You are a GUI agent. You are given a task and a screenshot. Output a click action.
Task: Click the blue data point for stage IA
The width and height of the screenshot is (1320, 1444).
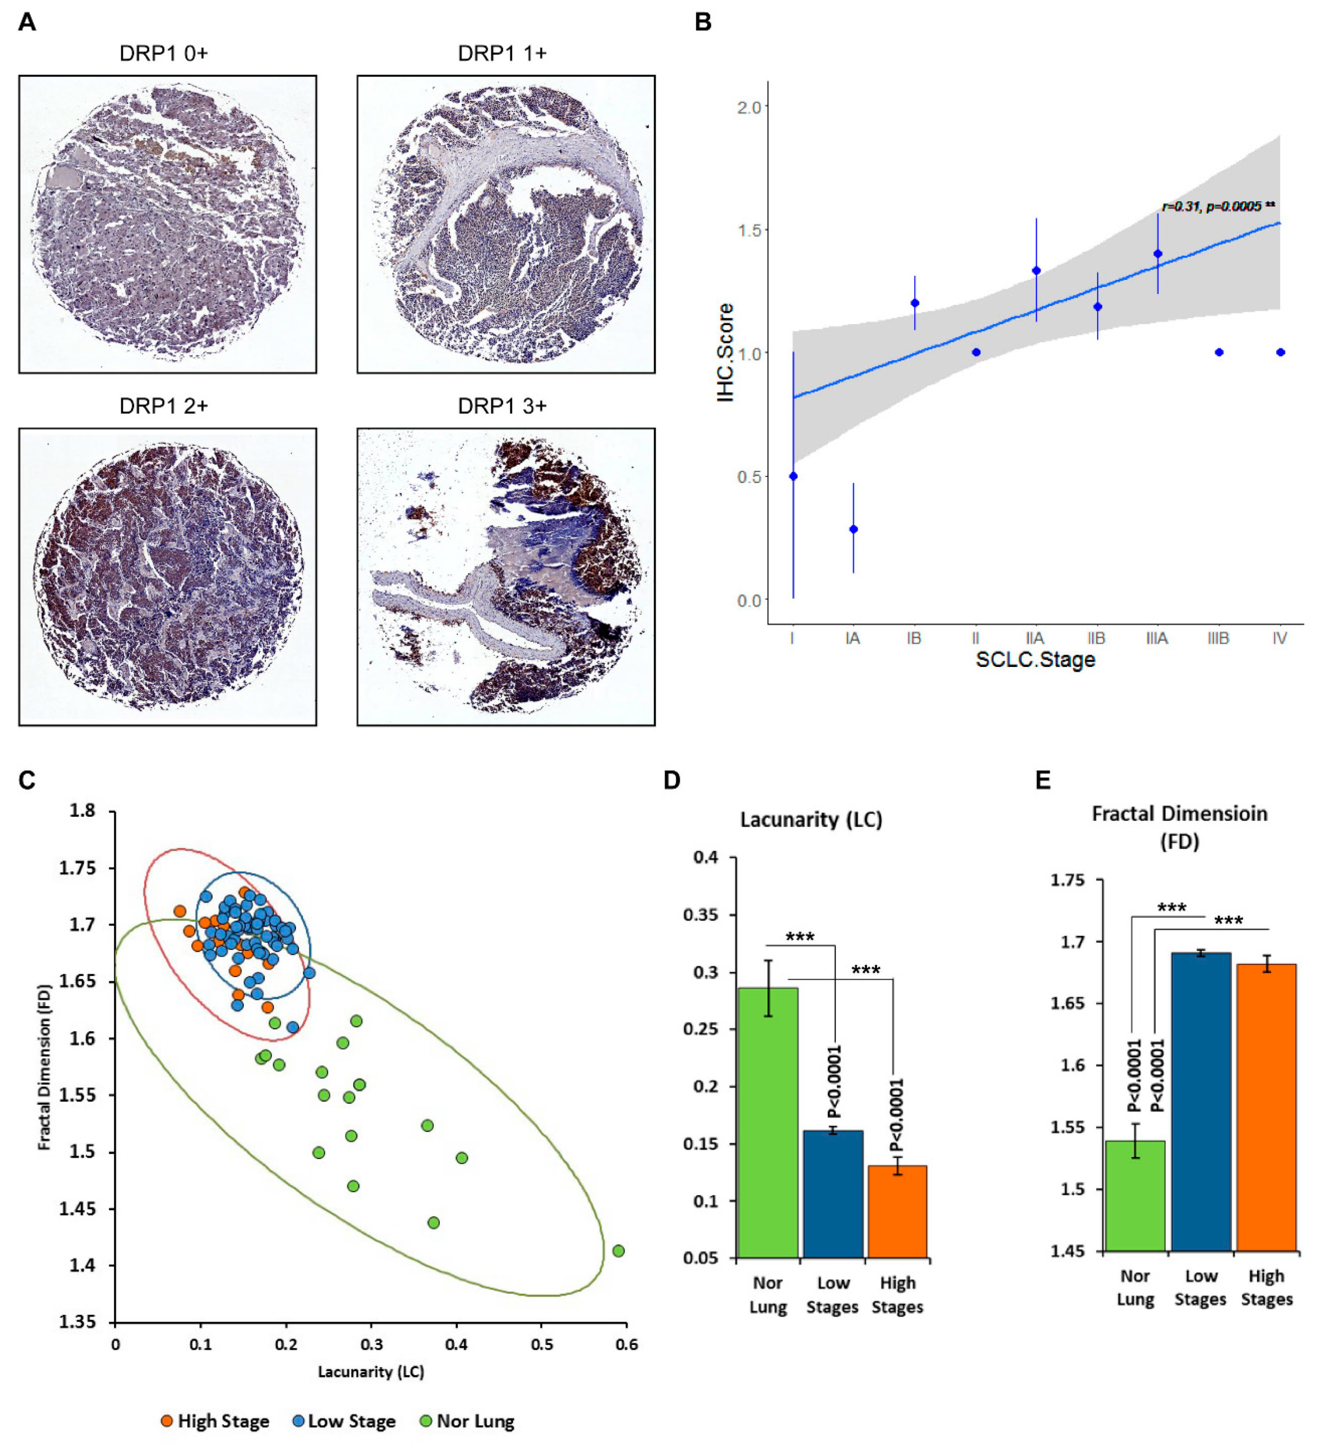pyautogui.click(x=853, y=529)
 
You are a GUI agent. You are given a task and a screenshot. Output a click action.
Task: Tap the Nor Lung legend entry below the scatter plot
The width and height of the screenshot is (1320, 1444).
pyautogui.click(x=467, y=1421)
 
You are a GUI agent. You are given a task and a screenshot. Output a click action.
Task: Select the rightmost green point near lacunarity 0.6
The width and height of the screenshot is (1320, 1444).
pyautogui.click(x=619, y=1250)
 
